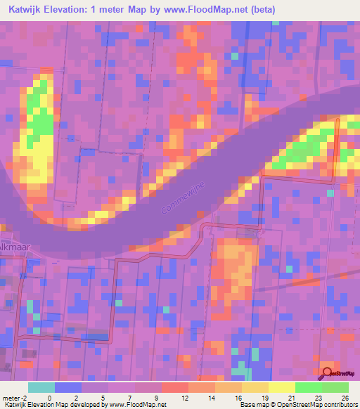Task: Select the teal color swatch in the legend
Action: (41, 387)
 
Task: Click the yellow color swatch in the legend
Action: (281, 387)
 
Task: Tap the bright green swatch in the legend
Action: (308, 387)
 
